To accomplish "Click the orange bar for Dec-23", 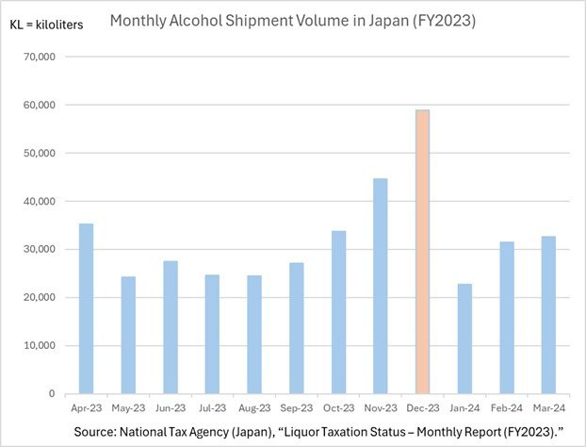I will coord(422,252).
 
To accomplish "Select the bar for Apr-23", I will coord(86,308).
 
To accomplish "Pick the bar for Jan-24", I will coord(464,339).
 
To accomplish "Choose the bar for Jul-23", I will coord(212,334).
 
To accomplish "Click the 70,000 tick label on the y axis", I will coord(39,57).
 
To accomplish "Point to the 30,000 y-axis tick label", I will coord(39,249).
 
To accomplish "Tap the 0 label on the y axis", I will coord(53,393).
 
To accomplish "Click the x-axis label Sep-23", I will coord(296,410).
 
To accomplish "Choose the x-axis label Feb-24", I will coord(506,410).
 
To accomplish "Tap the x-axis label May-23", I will coord(127,410).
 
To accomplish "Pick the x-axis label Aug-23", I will coord(253,410).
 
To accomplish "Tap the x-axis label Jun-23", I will coord(170,410).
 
